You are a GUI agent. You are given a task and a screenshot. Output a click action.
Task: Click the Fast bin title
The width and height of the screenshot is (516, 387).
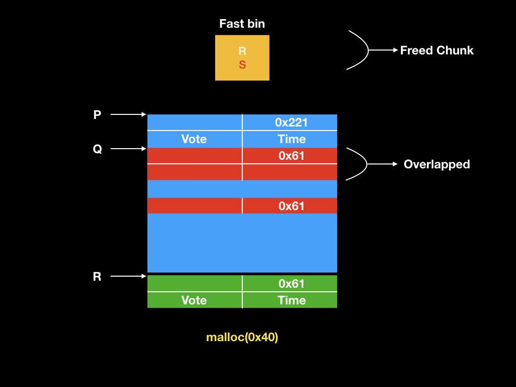pos(242,24)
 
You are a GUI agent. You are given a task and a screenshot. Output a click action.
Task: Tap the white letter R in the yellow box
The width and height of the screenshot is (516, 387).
pos(242,51)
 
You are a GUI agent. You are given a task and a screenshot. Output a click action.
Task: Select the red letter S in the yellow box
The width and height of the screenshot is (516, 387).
pos(242,65)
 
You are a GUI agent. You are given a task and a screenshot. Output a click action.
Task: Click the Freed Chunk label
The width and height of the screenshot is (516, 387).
pos(437,50)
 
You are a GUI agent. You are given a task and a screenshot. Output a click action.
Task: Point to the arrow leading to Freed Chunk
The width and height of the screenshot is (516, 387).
pos(383,50)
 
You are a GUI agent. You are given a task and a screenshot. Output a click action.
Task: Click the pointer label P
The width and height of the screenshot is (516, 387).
pos(97,115)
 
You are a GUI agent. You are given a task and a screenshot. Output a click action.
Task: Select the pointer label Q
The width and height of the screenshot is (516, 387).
pos(97,149)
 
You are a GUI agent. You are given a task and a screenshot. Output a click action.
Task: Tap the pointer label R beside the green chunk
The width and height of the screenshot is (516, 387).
pos(97,276)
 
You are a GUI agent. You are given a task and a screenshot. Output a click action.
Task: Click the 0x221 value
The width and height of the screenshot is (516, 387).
pos(291,122)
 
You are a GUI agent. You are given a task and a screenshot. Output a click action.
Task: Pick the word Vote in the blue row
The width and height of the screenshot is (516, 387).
pos(194,139)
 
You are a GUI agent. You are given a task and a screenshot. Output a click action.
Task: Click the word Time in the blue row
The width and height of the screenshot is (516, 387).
pos(292,139)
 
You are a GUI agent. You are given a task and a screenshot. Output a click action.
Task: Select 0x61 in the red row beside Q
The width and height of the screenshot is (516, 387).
pos(291,156)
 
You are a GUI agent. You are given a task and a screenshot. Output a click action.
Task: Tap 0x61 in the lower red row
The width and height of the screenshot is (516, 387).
pos(291,206)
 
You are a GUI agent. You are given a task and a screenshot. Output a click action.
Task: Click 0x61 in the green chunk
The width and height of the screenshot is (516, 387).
pos(291,284)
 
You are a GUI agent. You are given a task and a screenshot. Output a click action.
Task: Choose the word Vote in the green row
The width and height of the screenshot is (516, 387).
pos(194,300)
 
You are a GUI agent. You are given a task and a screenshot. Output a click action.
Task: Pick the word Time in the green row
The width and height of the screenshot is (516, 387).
pos(292,300)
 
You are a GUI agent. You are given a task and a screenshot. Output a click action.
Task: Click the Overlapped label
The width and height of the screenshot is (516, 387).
pos(436,164)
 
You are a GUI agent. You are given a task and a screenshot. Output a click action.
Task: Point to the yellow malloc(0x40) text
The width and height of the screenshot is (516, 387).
pos(242,338)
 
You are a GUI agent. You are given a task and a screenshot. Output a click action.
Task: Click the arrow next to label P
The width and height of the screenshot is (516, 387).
pos(128,115)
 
